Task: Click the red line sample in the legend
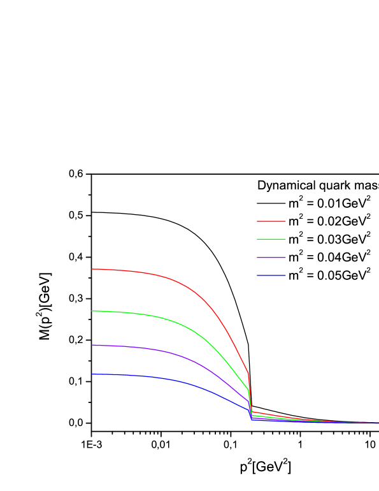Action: (271, 221)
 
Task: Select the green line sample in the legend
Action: (271, 239)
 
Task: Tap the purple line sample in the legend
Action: (271, 258)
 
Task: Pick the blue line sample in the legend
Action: (271, 275)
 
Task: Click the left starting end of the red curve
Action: (92, 269)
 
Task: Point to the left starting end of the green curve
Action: (92, 311)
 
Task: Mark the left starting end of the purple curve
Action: (92, 345)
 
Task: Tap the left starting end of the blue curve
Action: (92, 374)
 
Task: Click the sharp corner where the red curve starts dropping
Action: (248, 374)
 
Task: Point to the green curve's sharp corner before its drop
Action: (248, 390)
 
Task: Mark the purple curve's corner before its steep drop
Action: (248, 402)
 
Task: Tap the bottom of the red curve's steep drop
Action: (252, 412)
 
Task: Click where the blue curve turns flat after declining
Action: (252, 419)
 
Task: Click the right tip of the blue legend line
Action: (285, 275)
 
